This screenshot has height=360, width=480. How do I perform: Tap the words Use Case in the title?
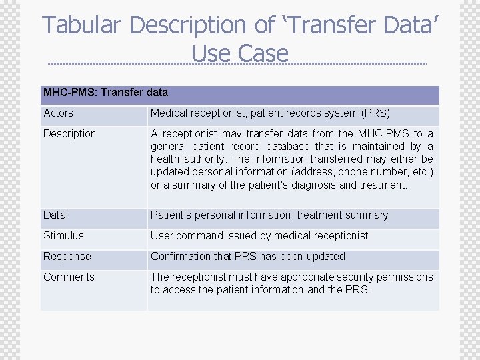pyautogui.click(x=240, y=53)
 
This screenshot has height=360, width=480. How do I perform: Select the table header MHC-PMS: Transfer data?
pyautogui.click(x=105, y=93)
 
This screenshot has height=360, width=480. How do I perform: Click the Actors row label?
pyautogui.click(x=58, y=113)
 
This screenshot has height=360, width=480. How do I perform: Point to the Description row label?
pyautogui.click(x=69, y=134)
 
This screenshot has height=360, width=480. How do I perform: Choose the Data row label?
pyautogui.click(x=55, y=215)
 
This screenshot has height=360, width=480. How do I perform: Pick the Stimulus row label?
pyautogui.click(x=63, y=236)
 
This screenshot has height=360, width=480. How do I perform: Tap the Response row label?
pyautogui.click(x=67, y=257)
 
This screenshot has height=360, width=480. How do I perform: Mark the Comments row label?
pyautogui.click(x=69, y=277)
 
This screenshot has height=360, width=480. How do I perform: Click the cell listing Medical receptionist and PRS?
pyautogui.click(x=270, y=113)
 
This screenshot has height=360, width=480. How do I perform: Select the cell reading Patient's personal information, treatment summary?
pyautogui.click(x=269, y=215)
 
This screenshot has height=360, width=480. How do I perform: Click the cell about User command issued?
pyautogui.click(x=259, y=236)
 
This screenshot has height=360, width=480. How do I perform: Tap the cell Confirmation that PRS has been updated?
pyautogui.click(x=248, y=257)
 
